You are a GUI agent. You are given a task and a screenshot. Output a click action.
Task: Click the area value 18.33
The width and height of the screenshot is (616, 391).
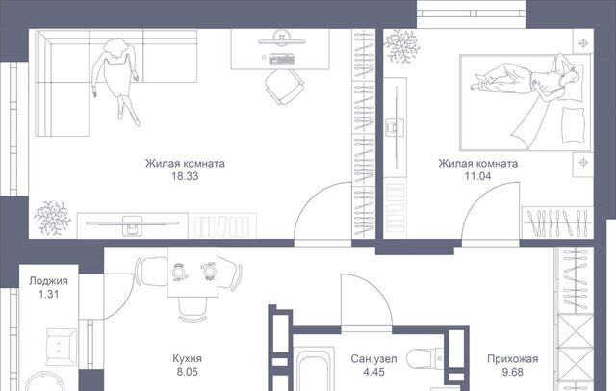click(185, 176)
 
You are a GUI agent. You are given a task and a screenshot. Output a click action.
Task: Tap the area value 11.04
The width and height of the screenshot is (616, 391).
click(477, 176)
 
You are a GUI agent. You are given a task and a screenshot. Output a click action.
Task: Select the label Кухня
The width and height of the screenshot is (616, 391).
click(188, 358)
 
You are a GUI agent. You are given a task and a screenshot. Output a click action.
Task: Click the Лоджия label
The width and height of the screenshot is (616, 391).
click(49, 281)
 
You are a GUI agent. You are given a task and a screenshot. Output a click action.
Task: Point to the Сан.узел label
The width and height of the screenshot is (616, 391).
click(374, 359)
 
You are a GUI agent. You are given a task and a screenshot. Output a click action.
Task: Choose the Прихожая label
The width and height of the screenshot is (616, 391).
click(513, 359)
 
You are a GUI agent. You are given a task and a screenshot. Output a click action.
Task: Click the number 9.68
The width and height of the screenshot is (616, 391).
click(513, 372)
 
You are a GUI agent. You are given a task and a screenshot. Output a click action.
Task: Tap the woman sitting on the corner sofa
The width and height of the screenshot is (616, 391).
click(115, 79)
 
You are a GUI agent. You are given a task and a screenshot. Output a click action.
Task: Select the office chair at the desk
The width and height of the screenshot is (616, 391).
click(284, 87)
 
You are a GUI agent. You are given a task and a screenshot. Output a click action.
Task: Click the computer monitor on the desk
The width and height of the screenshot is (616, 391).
click(281, 40)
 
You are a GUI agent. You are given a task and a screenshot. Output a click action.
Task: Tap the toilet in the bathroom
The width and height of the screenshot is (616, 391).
click(425, 358)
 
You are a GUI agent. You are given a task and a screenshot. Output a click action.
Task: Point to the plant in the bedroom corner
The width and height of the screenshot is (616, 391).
click(401, 45)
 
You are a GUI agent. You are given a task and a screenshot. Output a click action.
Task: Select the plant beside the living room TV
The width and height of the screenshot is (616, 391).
click(52, 218)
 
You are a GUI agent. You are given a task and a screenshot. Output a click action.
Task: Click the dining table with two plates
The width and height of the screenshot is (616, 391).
click(192, 272)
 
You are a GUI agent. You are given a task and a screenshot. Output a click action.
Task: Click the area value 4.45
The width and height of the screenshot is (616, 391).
click(374, 372)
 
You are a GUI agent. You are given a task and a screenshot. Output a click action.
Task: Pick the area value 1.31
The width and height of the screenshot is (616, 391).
click(49, 294)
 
